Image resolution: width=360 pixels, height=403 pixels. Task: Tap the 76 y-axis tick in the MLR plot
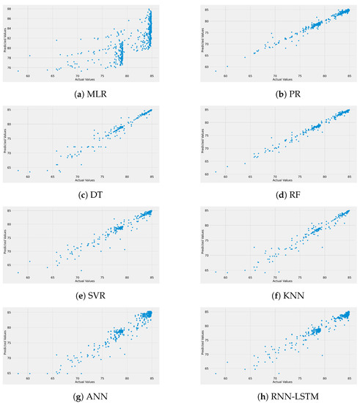point(10,67)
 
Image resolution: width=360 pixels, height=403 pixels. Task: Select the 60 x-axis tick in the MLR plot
point(29,76)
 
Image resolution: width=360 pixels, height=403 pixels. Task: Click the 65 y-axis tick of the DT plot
point(10,167)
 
